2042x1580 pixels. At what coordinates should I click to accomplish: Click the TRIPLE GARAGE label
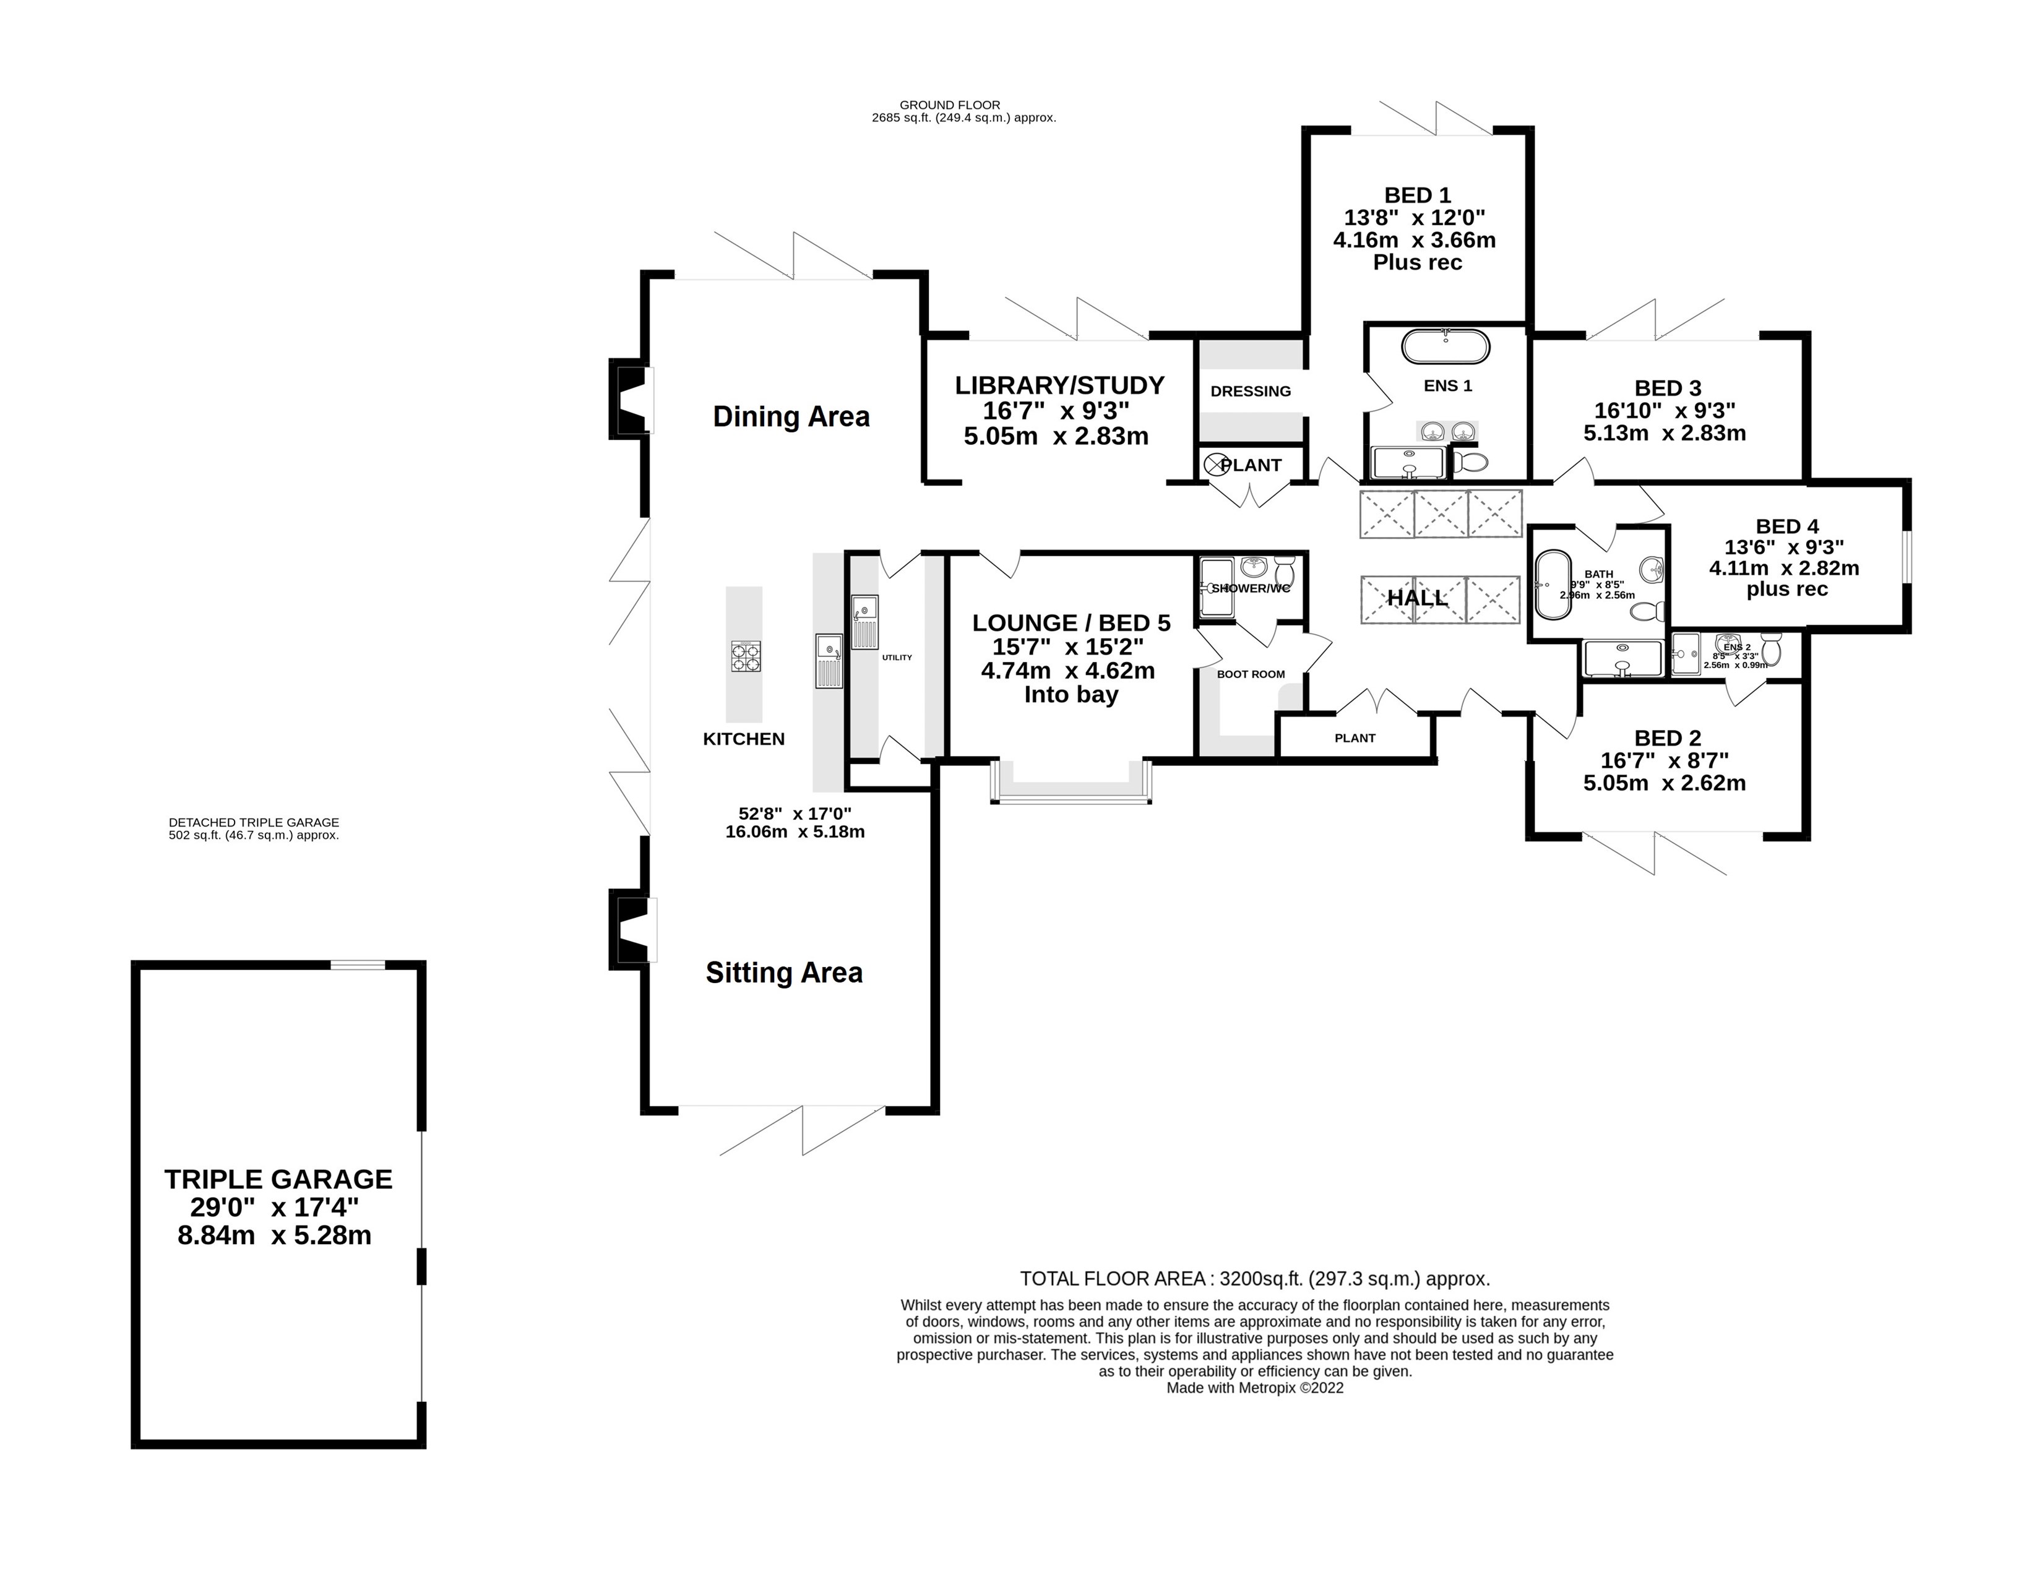click(x=278, y=1179)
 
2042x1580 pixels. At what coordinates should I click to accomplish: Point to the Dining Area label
click(x=791, y=417)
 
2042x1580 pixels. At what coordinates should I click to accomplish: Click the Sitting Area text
click(x=783, y=973)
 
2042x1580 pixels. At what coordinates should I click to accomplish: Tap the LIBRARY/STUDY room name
click(x=1059, y=385)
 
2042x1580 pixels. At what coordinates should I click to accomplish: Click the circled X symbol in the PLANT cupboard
click(x=1215, y=465)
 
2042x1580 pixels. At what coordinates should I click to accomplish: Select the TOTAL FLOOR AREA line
click(x=1254, y=1279)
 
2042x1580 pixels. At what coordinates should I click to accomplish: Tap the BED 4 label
click(x=1787, y=526)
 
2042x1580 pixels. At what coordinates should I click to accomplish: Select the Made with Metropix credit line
click(x=1254, y=1388)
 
